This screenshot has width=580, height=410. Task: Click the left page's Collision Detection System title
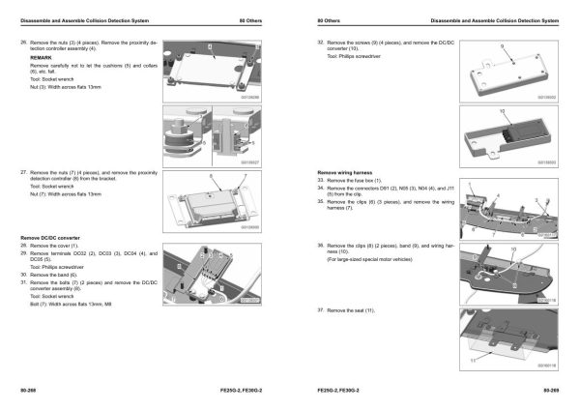pyautogui.click(x=76, y=20)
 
